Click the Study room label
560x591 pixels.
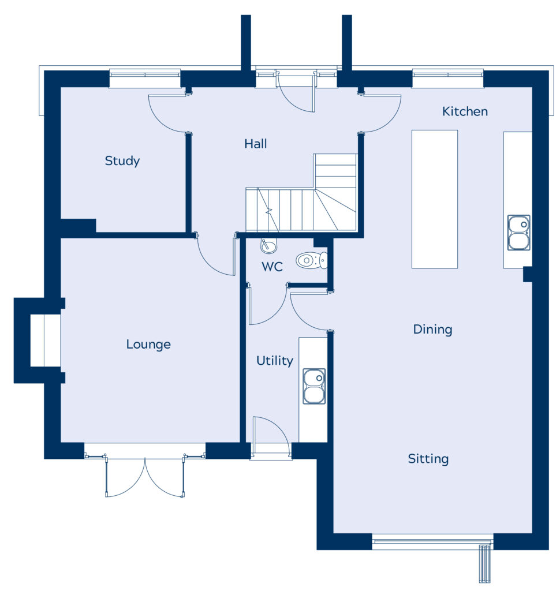[x=122, y=161]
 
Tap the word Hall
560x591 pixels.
[x=256, y=144]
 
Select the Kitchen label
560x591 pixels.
[x=465, y=111]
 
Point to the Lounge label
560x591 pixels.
[x=148, y=344]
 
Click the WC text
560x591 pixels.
[x=272, y=267]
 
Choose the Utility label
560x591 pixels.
[x=275, y=361]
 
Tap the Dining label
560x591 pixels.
[x=432, y=330]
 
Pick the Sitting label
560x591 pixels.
[x=428, y=459]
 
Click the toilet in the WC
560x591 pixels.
[x=312, y=260]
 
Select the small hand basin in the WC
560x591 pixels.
[x=268, y=246]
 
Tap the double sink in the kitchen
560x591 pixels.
[x=518, y=233]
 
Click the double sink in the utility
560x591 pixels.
[x=314, y=386]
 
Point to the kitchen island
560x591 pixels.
[x=434, y=199]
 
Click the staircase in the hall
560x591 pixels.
[x=301, y=193]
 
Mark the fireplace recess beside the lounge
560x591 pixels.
[x=45, y=341]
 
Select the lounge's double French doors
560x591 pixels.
[x=145, y=476]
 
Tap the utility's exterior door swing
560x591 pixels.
[x=271, y=434]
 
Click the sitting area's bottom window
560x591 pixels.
[x=432, y=542]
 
